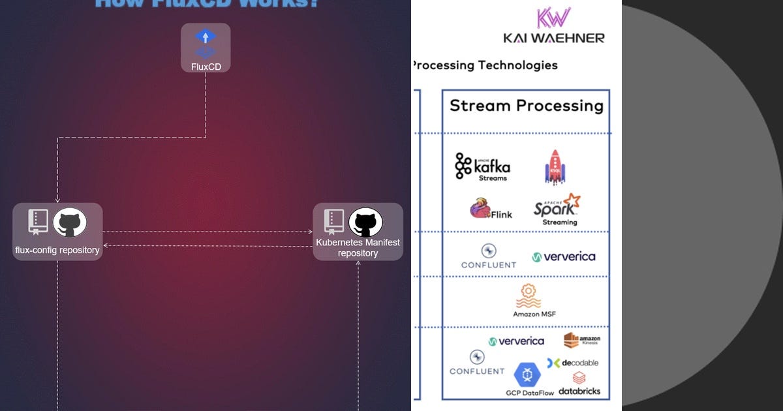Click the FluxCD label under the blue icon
(x=206, y=67)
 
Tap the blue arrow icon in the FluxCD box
(x=206, y=37)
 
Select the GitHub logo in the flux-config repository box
(x=69, y=223)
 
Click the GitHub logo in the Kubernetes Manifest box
(x=365, y=223)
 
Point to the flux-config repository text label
(x=57, y=250)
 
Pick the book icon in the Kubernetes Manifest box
(x=334, y=222)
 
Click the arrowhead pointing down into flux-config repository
(x=58, y=200)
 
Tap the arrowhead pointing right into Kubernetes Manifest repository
(x=310, y=232)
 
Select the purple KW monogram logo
(x=553, y=18)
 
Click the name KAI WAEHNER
(x=553, y=38)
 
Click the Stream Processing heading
(x=526, y=106)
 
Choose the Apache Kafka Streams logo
(x=482, y=167)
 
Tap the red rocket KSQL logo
(x=555, y=167)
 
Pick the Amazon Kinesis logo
(x=581, y=341)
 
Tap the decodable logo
(x=572, y=363)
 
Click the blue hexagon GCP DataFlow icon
(x=527, y=375)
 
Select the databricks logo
(x=579, y=384)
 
